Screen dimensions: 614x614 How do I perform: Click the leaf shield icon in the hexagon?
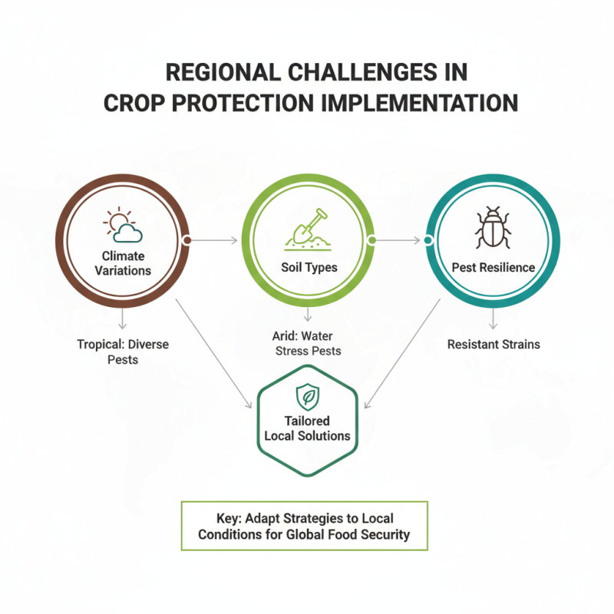click(307, 397)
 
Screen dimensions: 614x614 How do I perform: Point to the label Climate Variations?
click(123, 262)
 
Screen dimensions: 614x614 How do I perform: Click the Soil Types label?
click(307, 267)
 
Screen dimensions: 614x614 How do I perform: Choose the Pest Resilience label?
click(492, 267)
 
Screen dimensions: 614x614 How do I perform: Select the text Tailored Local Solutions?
click(307, 428)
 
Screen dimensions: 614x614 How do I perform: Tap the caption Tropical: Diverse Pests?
click(123, 352)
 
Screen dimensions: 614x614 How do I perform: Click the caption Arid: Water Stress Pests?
click(307, 344)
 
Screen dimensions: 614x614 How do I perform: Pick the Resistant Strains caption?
click(493, 344)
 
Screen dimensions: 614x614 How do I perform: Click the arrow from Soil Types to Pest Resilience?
click(399, 240)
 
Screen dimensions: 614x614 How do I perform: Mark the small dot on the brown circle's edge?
click(187, 240)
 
